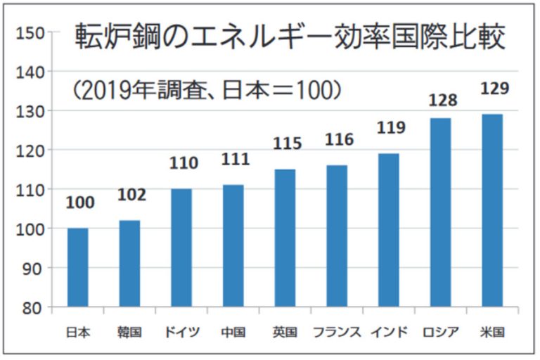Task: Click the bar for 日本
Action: click(78, 267)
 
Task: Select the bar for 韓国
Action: click(130, 264)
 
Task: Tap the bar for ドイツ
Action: click(181, 247)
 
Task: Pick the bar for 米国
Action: click(491, 210)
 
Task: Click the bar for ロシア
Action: click(440, 212)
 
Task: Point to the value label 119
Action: click(391, 128)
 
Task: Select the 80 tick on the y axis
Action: click(35, 307)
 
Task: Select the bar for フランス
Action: click(337, 236)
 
